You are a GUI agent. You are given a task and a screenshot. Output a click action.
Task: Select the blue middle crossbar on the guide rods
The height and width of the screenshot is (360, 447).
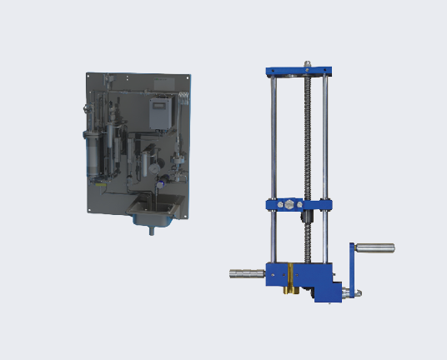pyautogui.click(x=299, y=203)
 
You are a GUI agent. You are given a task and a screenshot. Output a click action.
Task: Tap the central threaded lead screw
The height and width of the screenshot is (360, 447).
pyautogui.click(x=308, y=142)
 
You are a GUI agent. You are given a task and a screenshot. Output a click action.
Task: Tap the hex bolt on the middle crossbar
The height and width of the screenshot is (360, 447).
pyautogui.click(x=289, y=203)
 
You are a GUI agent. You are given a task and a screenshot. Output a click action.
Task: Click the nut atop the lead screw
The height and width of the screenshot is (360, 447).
pyautogui.click(x=308, y=62)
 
